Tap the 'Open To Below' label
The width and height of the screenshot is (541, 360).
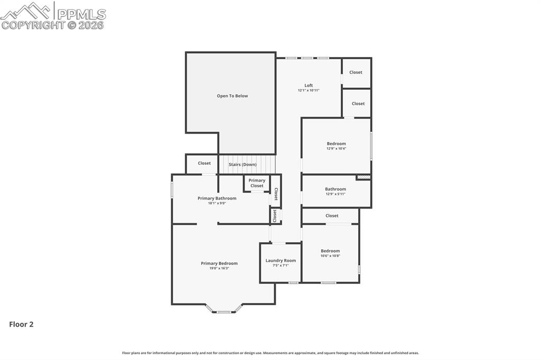(x=232, y=96)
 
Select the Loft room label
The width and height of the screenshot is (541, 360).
(x=309, y=86)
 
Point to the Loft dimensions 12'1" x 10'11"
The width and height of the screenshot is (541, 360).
(x=309, y=91)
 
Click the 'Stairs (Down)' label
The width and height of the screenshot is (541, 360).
(x=242, y=165)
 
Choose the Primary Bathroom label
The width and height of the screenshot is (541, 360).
(x=217, y=198)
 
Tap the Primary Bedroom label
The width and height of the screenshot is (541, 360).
(x=219, y=263)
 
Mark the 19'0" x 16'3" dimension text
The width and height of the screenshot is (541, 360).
(x=219, y=269)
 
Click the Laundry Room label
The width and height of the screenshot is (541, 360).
(x=281, y=261)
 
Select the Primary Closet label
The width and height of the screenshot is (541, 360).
(x=257, y=183)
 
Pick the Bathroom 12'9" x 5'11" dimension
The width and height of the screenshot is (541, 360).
(x=335, y=194)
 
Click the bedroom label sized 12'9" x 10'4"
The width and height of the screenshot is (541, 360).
(x=336, y=144)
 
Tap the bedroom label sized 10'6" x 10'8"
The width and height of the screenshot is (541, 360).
(x=330, y=251)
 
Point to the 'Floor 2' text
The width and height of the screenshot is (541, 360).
(x=21, y=325)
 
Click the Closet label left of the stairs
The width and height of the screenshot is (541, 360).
(x=204, y=164)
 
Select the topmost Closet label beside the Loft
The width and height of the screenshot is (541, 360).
(x=356, y=72)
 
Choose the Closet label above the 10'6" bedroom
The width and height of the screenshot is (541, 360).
(x=332, y=216)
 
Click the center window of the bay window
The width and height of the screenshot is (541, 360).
(x=224, y=312)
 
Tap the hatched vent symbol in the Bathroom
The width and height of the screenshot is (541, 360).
(x=363, y=177)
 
